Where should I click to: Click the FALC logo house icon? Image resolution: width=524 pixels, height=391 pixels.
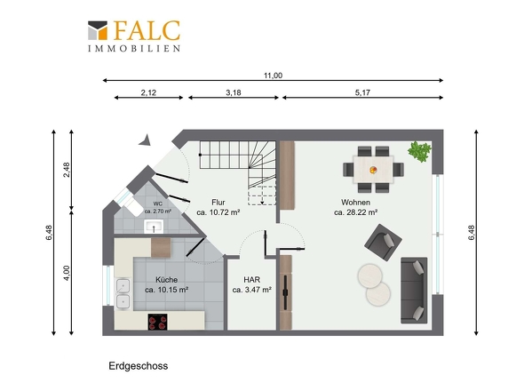pos(98,30)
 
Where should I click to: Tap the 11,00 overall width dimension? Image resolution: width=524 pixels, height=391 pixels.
pos(273,76)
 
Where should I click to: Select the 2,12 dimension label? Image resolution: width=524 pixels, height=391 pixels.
pos(148,92)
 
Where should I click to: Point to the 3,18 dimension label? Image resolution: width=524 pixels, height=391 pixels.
pos(234,92)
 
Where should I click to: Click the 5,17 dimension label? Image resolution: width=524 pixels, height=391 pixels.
pos(362,92)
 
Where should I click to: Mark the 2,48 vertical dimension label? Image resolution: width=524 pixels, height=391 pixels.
pos(67,170)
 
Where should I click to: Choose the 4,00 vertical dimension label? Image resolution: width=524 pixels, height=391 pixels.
pos(67,273)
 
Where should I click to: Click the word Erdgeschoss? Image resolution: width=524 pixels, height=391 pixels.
pos(139,366)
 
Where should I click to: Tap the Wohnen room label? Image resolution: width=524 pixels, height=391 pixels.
pos(355,203)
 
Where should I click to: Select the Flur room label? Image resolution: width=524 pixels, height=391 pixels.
pos(218,203)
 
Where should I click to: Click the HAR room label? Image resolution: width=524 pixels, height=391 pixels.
pos(252,280)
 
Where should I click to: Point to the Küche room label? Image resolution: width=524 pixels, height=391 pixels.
pos(166,280)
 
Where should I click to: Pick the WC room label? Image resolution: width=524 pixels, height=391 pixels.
pos(158,203)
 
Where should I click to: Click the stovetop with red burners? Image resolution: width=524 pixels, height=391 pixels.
pos(158,322)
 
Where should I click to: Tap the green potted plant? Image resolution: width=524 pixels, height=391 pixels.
pos(419,152)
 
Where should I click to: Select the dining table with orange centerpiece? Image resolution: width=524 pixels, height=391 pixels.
pos(373,170)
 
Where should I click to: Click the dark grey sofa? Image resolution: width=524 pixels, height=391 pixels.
pos(414,290)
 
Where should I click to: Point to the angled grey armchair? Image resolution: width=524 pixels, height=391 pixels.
pos(383,243)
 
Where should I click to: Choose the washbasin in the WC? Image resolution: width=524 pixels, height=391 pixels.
pos(154,227)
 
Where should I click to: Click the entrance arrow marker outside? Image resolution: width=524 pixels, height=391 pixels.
pos(146,140)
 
